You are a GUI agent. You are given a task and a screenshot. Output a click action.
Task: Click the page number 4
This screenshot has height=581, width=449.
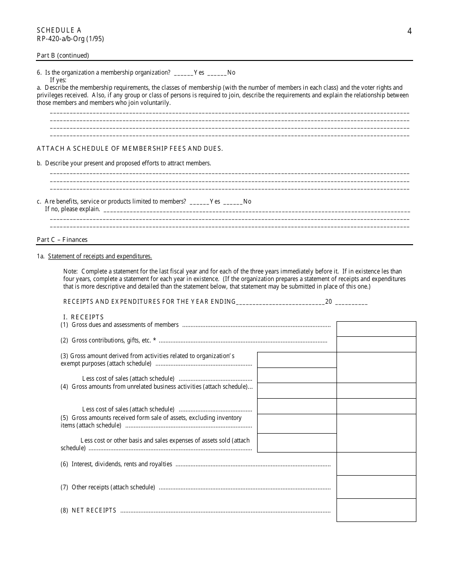point(409,32)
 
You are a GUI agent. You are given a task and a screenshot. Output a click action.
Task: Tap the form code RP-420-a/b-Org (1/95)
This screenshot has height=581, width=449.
point(70,39)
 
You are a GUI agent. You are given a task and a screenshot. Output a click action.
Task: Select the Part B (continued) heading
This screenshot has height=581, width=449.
point(63,55)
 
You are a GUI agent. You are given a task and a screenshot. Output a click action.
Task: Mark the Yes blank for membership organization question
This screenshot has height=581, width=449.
point(183,73)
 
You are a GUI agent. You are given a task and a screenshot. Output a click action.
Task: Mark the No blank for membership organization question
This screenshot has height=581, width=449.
point(216,73)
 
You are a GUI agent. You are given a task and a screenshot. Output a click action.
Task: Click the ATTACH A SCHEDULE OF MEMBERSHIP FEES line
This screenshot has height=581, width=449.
point(130,148)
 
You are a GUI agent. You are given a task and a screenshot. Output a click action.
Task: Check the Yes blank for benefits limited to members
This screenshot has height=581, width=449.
point(199,202)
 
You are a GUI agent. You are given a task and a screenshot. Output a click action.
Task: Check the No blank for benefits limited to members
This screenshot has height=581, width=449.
point(233,202)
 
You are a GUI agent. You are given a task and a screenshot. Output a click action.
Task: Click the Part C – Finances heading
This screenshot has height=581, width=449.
point(62,239)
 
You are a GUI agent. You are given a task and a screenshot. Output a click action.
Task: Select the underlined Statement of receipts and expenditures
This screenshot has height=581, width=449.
point(100,256)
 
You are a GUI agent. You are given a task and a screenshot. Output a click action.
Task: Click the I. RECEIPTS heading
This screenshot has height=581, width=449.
point(83,317)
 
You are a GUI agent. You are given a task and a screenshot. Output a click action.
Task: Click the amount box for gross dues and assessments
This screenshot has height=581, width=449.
point(376,329)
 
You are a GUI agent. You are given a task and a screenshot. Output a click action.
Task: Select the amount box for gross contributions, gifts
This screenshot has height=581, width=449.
point(376,344)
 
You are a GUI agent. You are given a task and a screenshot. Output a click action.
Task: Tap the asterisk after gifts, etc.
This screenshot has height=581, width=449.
point(155,340)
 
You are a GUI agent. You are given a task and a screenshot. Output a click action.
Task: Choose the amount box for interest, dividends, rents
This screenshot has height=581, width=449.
point(376,464)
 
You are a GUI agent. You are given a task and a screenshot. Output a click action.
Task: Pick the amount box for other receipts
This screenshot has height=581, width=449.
point(376,487)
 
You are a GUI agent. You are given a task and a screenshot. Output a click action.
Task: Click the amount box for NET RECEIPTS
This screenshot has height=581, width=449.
point(376,510)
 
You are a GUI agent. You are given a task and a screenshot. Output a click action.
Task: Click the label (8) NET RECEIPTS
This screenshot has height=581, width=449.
point(88,511)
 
